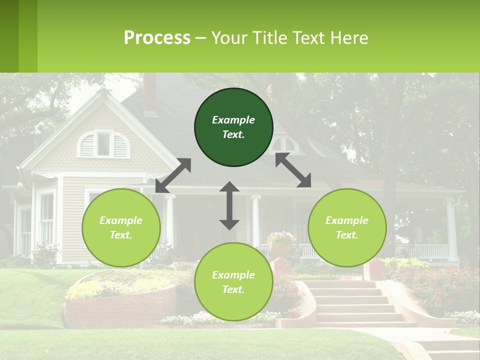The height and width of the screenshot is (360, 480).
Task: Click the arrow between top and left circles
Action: point(173,175)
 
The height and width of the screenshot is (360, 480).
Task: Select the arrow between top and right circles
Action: point(293,170)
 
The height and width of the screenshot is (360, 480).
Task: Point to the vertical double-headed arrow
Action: point(229,205)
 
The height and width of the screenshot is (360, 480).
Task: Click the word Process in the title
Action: point(157,37)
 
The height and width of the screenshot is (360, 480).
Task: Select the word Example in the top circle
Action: point(233,120)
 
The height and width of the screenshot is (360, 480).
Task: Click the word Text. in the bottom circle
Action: point(233,289)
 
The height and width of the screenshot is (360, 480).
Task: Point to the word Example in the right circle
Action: point(347,220)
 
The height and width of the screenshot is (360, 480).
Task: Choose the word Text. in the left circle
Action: point(121,235)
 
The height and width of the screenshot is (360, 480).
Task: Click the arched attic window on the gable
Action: point(103,143)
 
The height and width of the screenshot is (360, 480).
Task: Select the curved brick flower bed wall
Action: point(120,305)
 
